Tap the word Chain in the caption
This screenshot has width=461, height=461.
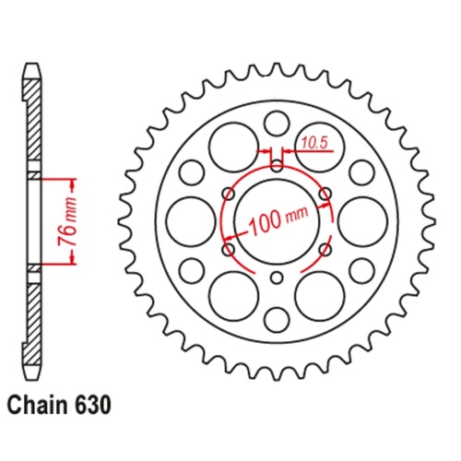[41, 404]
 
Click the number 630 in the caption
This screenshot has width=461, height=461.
[98, 404]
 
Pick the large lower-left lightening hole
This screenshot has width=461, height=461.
[231, 295]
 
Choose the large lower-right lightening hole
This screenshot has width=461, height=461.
[319, 295]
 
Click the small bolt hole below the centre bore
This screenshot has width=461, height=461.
[276, 278]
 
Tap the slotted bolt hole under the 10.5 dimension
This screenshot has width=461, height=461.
[276, 164]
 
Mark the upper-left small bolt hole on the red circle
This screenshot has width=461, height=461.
[228, 193]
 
